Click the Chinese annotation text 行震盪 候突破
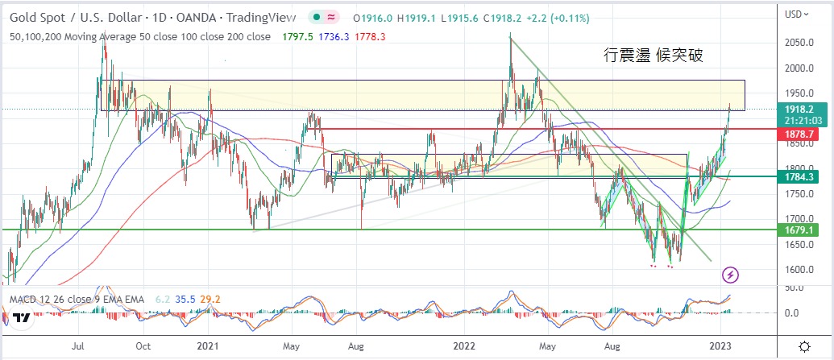point(654,56)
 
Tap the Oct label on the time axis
point(143,346)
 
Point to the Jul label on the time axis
point(78,346)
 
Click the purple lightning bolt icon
point(731,275)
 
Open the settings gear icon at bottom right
point(804,346)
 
